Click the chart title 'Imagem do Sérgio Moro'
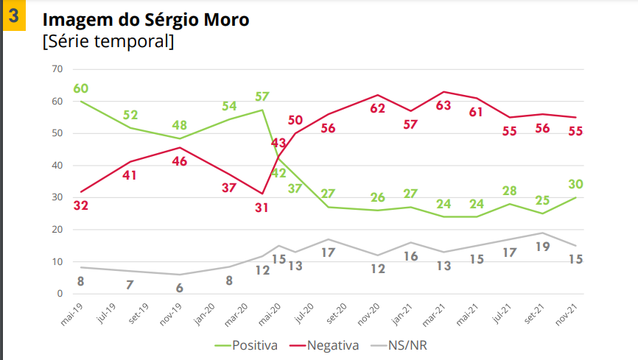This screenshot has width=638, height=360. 146,19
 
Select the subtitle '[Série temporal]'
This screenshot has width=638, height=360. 109,42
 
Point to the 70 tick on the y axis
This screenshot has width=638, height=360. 57,69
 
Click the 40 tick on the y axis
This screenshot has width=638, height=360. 57,166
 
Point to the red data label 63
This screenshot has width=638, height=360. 443,105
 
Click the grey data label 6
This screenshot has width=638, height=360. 179,288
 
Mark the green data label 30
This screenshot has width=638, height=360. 575,183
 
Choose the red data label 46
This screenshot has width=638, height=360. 180,161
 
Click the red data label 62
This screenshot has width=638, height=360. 377,108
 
